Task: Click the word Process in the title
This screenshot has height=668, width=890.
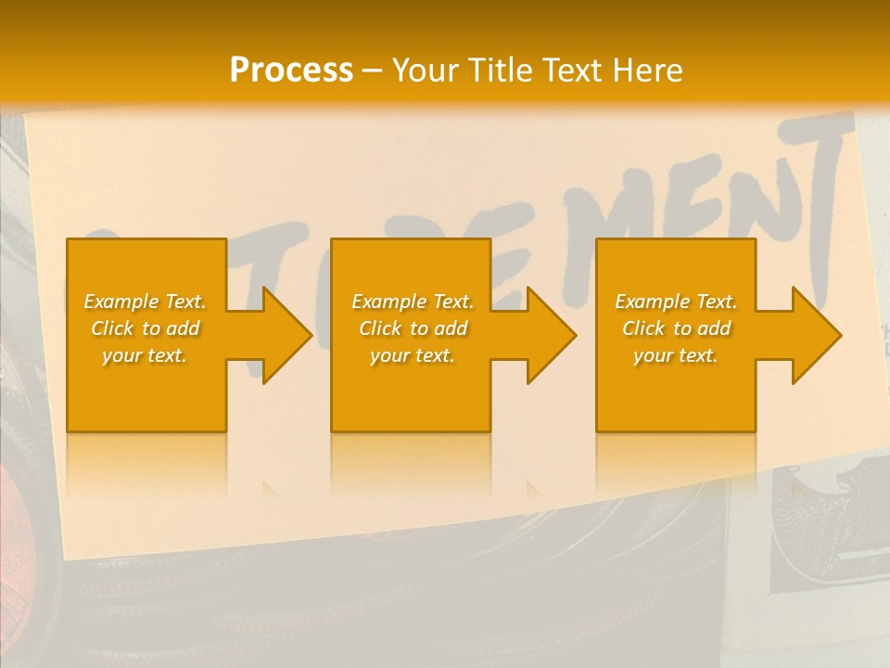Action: pos(291,71)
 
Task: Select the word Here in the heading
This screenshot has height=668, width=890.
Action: pos(646,71)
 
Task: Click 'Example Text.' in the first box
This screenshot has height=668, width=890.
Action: pos(145,302)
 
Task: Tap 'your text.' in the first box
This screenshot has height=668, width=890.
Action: pos(145,355)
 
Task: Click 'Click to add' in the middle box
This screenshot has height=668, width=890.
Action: pos(413,328)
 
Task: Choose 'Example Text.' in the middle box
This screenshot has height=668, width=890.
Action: pos(413,302)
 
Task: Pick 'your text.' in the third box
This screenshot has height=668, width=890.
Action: pos(676,355)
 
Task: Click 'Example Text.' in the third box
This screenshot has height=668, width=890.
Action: pos(676,302)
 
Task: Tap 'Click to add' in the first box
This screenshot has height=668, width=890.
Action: pos(145,328)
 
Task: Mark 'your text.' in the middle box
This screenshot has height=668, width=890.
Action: pos(413,355)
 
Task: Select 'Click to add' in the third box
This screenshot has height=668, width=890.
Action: pos(676,328)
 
